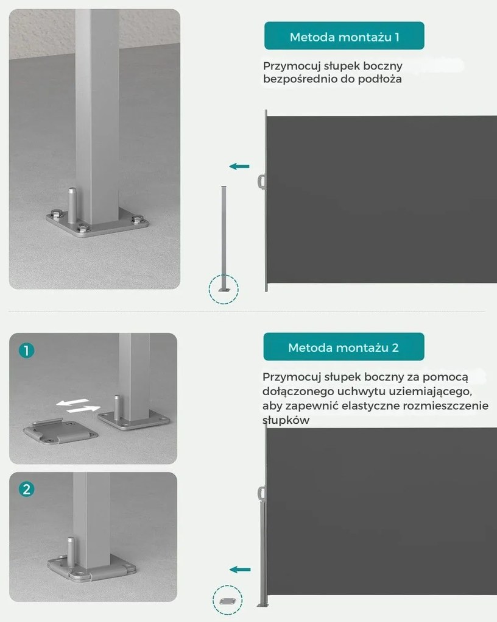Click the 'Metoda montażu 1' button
click(344, 36)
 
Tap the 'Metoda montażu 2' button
click(344, 347)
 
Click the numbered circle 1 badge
click(27, 350)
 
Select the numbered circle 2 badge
click(27, 489)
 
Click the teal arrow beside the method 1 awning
click(239, 166)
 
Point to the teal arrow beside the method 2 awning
click(240, 570)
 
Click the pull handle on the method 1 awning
click(261, 182)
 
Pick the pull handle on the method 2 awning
click(261, 494)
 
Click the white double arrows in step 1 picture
click(78, 406)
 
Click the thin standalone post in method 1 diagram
click(224, 238)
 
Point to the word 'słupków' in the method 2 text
click(286, 420)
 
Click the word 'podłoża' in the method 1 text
click(380, 79)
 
